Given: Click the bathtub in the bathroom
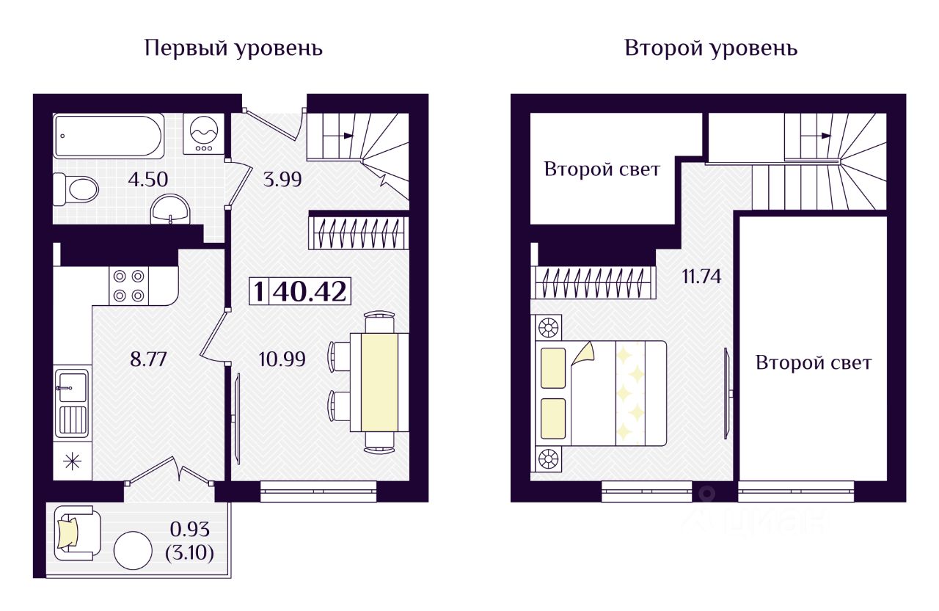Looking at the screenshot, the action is click(109, 136).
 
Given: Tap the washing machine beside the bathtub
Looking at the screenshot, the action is click(202, 133).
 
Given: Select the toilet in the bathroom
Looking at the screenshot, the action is click(76, 189).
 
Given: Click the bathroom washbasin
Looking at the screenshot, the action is click(170, 211).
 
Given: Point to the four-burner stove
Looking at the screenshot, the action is click(128, 286).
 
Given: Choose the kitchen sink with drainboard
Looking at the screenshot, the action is click(71, 403).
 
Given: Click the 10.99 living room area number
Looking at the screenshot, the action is click(282, 359).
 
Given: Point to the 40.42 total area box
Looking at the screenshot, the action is click(300, 291).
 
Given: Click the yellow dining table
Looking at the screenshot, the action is click(379, 382).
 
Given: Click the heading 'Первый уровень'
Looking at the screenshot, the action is click(234, 49).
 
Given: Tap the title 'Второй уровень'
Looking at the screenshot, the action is click(711, 49).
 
